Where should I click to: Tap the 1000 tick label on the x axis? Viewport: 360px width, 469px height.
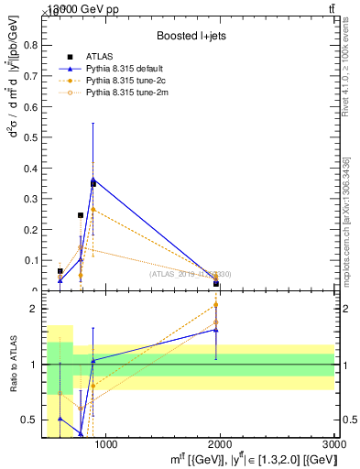click(x=107, y=445)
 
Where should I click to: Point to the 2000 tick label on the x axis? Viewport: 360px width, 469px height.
click(x=222, y=445)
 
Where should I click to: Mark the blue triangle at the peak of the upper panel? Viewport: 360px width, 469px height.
click(x=93, y=180)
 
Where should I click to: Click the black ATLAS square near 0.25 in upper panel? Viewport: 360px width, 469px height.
click(x=81, y=215)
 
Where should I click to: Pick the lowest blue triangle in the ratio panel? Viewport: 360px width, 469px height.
click(x=81, y=433)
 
